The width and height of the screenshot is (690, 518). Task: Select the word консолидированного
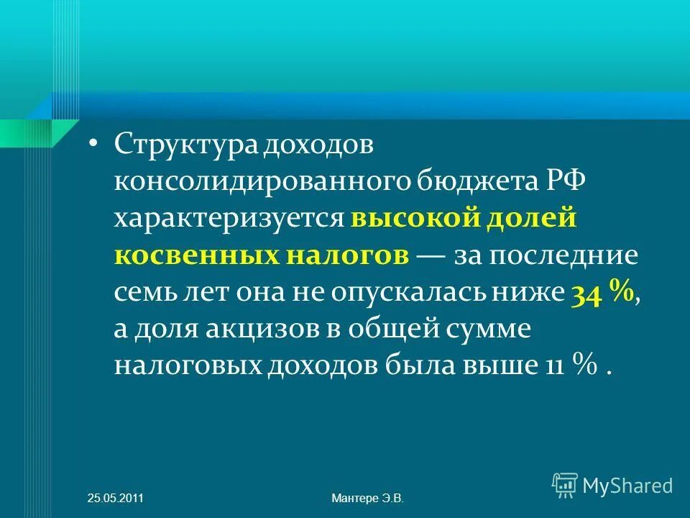(x=262, y=180)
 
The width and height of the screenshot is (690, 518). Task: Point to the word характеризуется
(x=229, y=218)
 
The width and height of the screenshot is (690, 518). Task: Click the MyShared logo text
(x=628, y=486)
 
